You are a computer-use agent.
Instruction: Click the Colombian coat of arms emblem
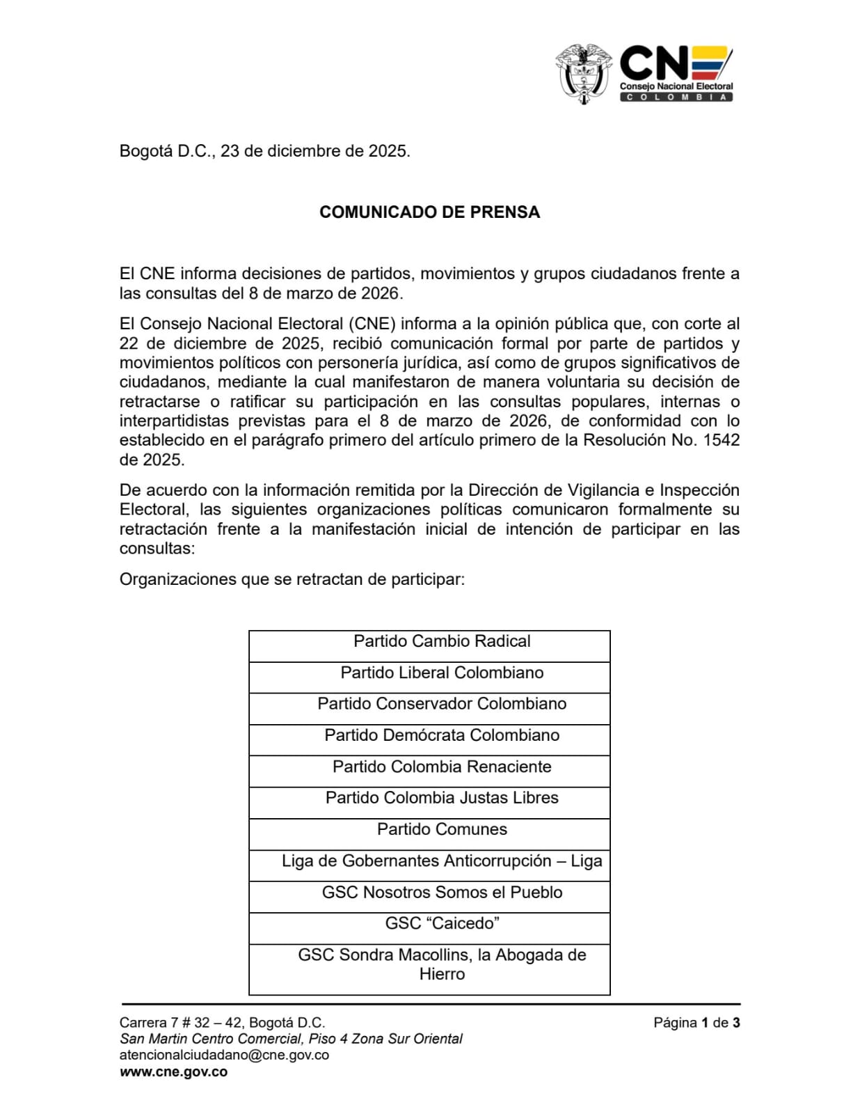tap(583, 74)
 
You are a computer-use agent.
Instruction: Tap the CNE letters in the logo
tap(654, 63)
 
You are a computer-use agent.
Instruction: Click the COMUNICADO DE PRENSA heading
tap(429, 212)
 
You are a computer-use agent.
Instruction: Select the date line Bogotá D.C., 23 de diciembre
tap(264, 151)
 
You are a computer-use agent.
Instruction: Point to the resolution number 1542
tap(722, 440)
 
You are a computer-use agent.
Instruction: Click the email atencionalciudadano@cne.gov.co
tap(224, 1055)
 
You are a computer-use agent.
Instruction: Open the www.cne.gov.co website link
tap(173, 1072)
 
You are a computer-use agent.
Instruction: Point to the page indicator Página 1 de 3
tap(696, 1023)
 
